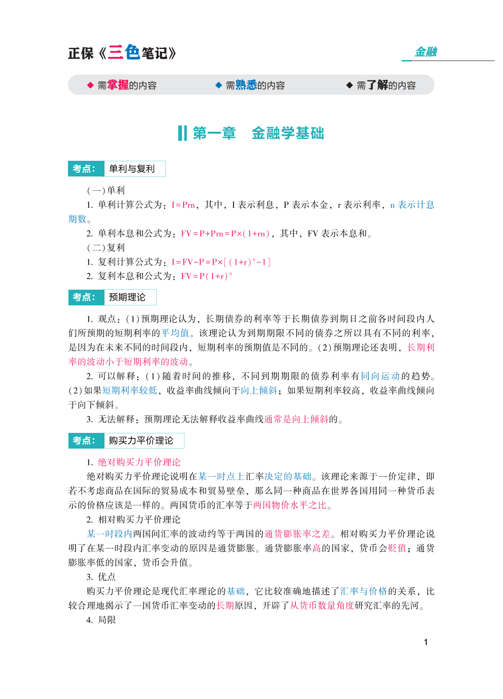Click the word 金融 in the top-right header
[426, 52]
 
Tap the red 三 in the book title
[115, 52]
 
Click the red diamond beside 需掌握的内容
[90, 85]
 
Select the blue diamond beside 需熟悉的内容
[219, 85]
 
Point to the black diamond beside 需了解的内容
[350, 85]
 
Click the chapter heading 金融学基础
[288, 133]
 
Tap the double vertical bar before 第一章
[182, 133]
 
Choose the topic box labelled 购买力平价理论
[141, 441]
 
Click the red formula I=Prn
[183, 205]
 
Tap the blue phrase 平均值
[175, 333]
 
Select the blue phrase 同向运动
[380, 376]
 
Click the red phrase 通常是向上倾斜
[296, 419]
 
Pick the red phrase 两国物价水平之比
[290, 505]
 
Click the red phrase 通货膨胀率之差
[297, 534]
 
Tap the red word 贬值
[397, 548]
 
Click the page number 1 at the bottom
[426, 642]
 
